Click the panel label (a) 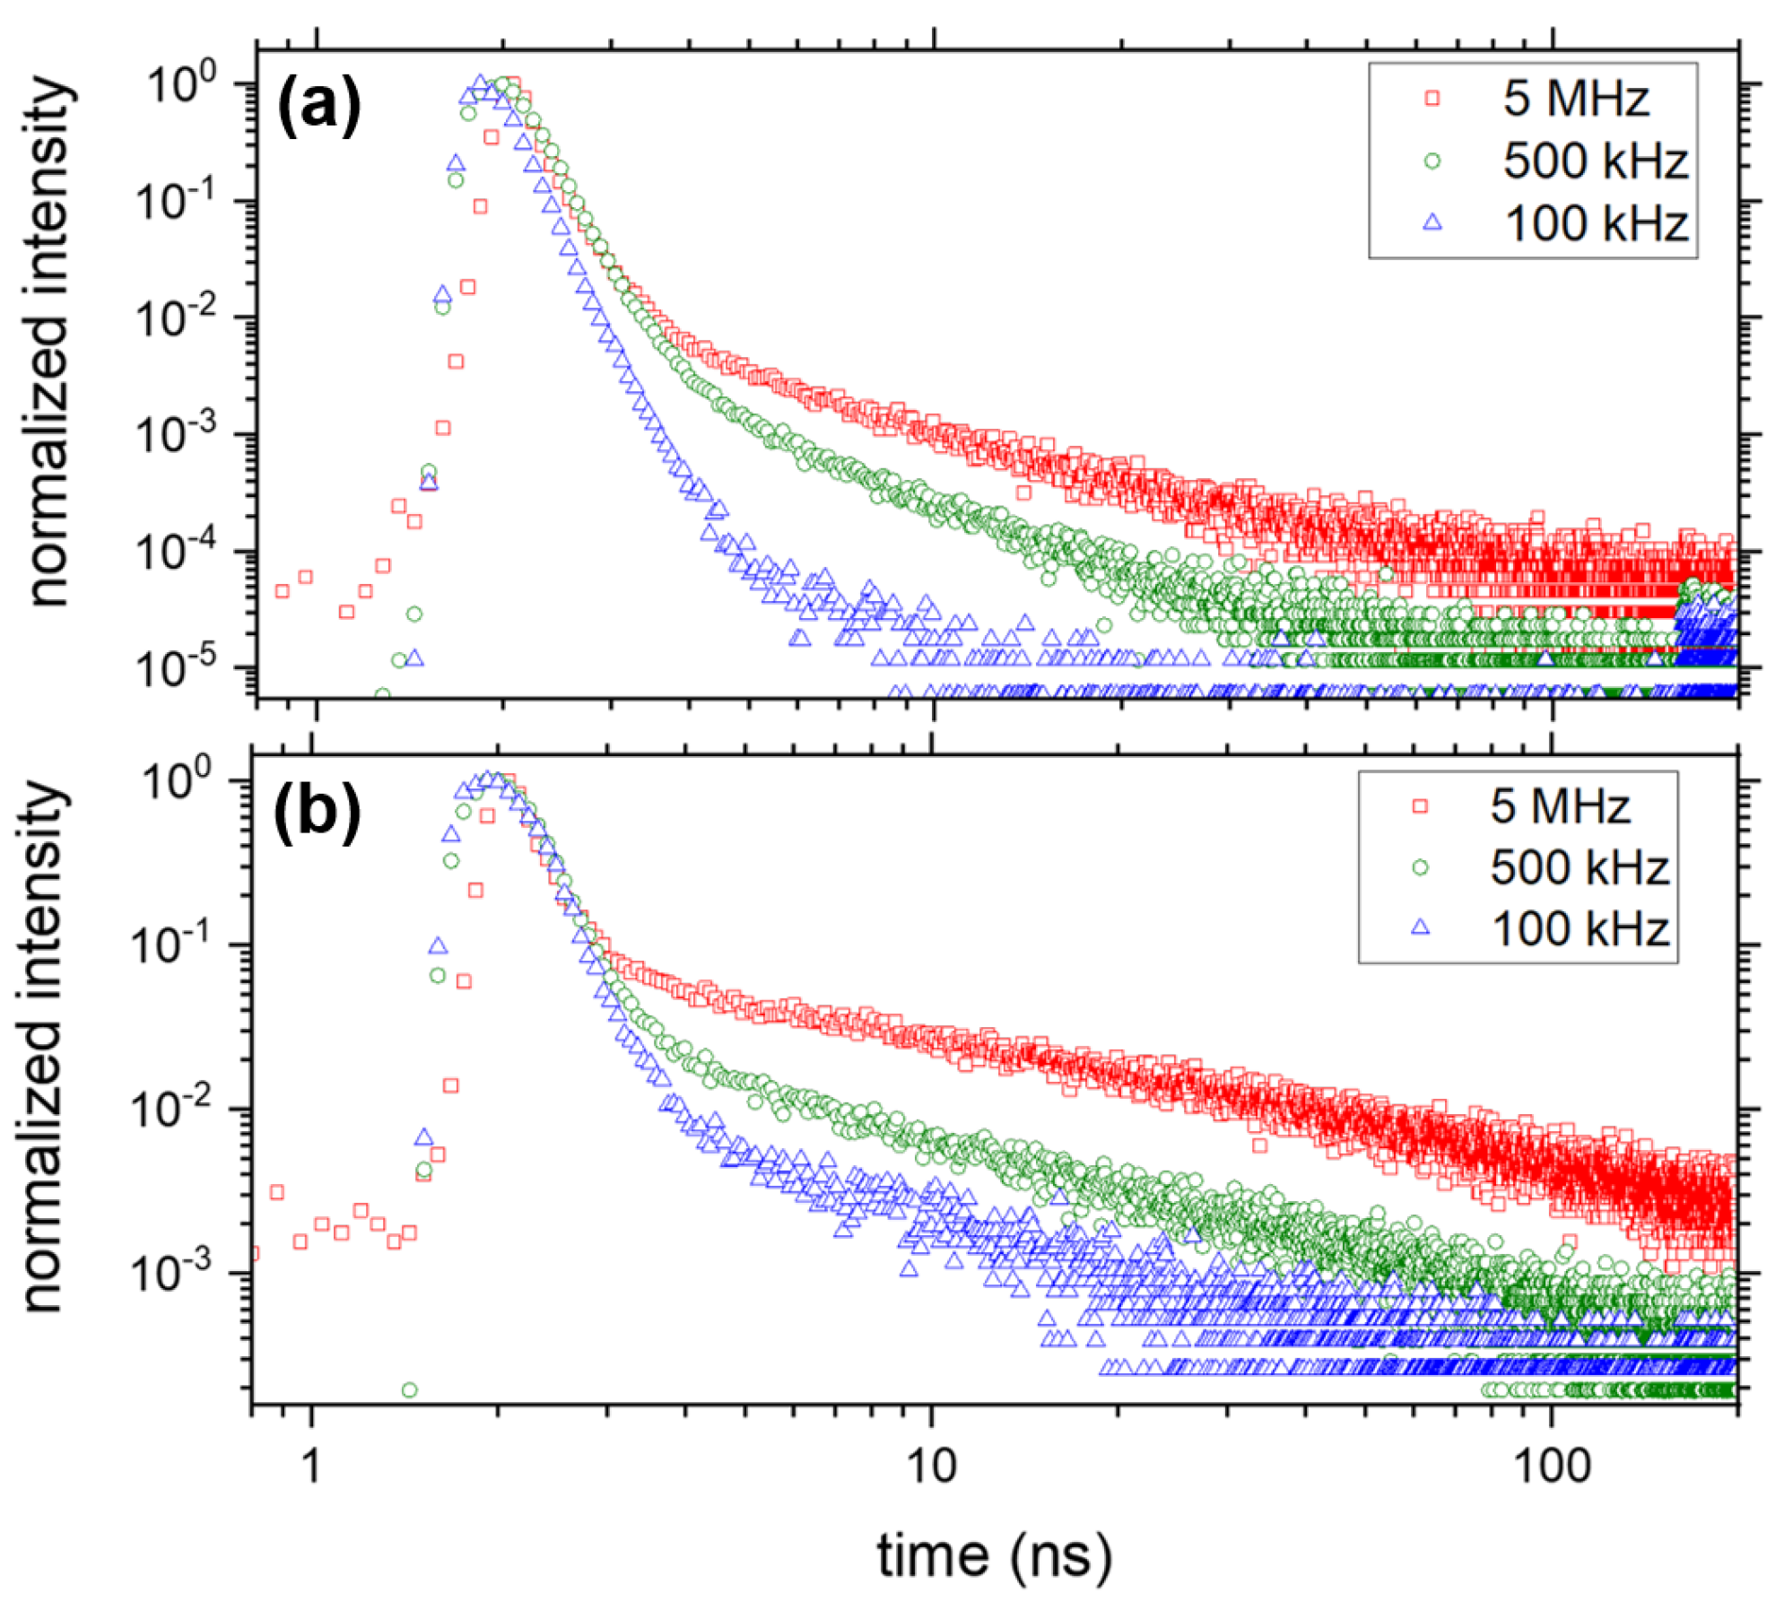(319, 107)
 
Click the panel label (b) (318, 811)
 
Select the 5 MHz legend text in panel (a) (1576, 98)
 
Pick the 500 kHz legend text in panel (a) (1595, 161)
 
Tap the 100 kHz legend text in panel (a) (1596, 222)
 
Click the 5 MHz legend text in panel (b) (1560, 805)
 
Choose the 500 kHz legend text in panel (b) (1579, 867)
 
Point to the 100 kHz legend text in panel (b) (1579, 928)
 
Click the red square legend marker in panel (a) (1432, 99)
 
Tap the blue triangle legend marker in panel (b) (1420, 927)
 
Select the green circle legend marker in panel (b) (1420, 867)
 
